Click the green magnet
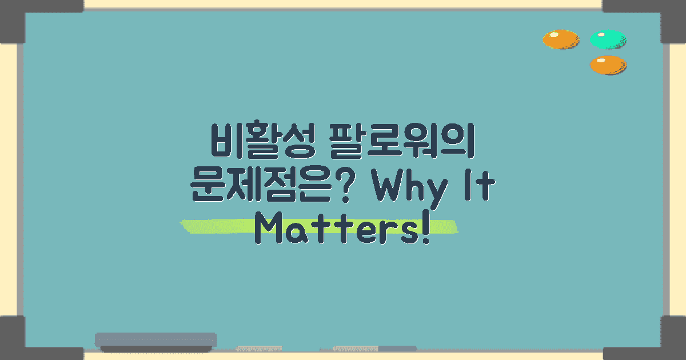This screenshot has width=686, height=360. point(608,39)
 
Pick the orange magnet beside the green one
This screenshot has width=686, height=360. point(561,39)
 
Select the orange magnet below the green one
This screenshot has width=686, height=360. point(608,65)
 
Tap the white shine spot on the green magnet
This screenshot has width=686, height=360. point(600,35)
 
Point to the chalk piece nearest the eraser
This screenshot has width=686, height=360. point(259,348)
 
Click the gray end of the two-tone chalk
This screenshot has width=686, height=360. point(397,348)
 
